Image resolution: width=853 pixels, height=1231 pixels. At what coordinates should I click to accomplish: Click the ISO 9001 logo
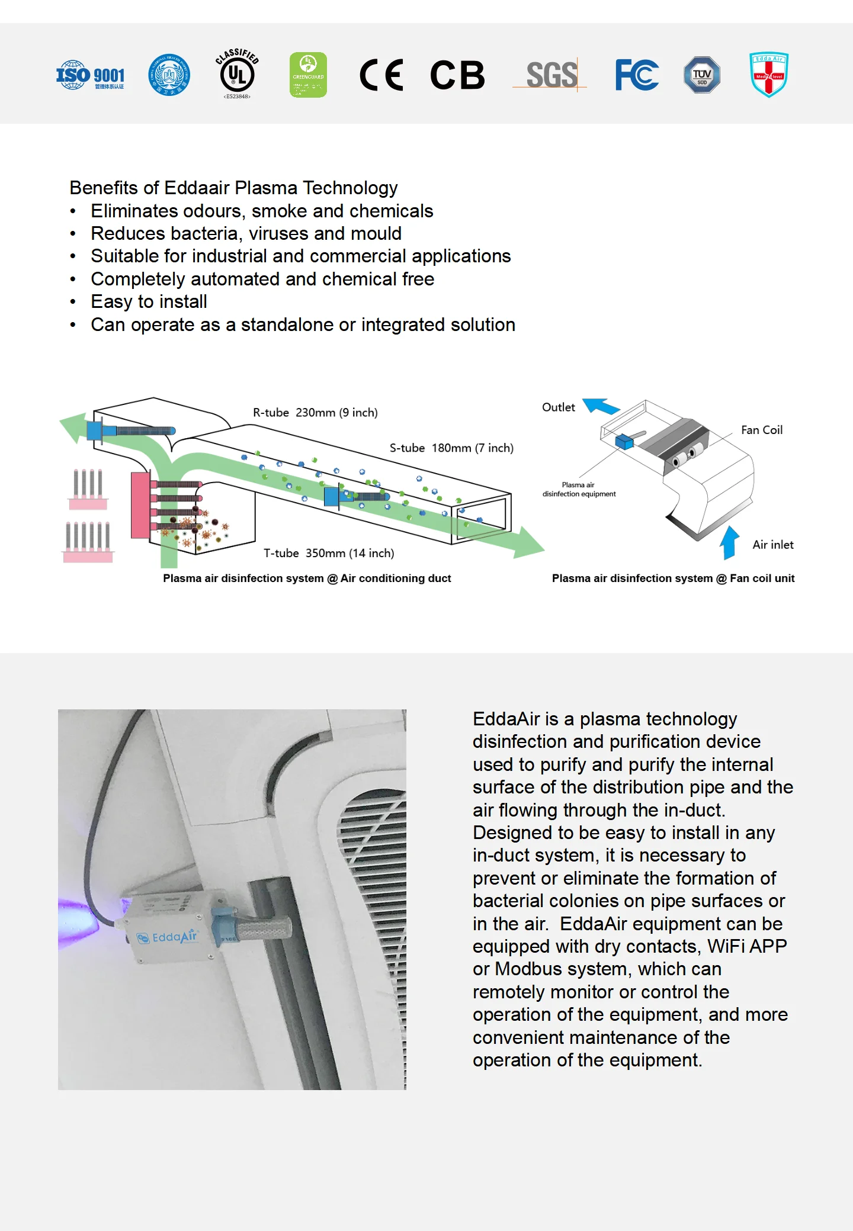click(90, 76)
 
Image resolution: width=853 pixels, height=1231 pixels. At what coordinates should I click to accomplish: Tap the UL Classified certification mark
click(237, 75)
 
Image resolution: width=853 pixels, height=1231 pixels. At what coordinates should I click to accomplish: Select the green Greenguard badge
click(308, 75)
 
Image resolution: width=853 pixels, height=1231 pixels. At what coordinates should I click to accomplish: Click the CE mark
click(381, 75)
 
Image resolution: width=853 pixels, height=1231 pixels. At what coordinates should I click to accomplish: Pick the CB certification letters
click(457, 75)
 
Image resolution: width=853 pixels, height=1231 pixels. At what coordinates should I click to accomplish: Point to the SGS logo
click(551, 75)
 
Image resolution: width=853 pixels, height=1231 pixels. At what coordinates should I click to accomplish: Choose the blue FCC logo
click(637, 75)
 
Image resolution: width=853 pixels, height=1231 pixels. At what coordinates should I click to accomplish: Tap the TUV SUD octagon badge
click(702, 75)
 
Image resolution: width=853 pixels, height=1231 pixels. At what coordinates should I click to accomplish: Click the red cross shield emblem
click(769, 75)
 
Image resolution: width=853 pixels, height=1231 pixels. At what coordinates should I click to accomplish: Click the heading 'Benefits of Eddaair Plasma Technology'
click(233, 188)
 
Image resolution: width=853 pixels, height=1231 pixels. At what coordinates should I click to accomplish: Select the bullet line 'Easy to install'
click(149, 302)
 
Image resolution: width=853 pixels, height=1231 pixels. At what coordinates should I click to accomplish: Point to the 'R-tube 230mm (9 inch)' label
click(315, 413)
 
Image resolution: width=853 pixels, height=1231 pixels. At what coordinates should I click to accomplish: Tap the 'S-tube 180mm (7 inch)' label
click(451, 448)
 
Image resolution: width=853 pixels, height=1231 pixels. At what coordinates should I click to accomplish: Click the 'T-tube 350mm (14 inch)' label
click(329, 553)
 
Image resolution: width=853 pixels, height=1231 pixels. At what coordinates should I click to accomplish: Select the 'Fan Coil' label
click(762, 430)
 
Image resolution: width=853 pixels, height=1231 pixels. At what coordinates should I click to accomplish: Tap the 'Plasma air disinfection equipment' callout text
click(579, 489)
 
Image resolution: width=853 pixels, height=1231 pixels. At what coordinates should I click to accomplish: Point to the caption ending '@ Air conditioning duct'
click(307, 578)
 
